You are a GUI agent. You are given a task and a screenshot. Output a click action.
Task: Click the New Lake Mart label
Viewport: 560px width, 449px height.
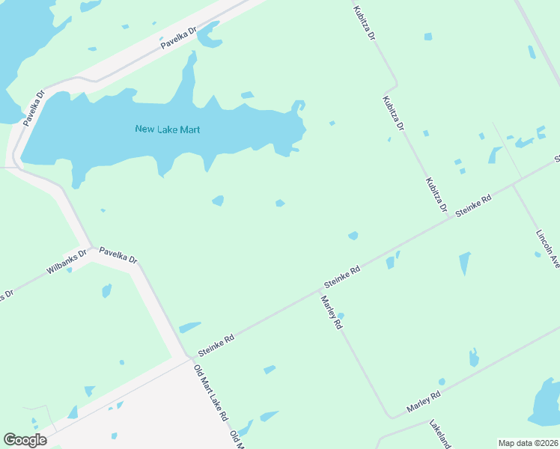168,129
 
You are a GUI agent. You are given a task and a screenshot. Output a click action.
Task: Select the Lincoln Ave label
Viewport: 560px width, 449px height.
548,248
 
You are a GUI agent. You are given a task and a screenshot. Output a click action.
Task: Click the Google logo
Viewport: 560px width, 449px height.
25,440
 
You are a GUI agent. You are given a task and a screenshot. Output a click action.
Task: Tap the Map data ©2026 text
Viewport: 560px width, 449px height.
527,443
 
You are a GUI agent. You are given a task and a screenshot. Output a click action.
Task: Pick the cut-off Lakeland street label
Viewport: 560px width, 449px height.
440,435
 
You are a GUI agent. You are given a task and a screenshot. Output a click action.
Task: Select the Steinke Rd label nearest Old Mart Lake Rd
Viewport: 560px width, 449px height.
216,345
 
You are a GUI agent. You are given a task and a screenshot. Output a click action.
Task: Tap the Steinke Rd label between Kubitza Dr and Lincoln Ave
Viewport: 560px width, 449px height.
473,207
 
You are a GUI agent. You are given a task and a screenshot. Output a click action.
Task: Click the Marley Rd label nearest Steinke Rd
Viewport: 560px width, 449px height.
331,313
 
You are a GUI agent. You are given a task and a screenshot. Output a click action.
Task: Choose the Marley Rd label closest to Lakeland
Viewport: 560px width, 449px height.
423,401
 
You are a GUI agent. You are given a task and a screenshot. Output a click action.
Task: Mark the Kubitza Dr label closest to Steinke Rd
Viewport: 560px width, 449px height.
436,195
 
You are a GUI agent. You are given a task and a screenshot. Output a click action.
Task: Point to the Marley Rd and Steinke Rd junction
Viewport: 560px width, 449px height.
317,293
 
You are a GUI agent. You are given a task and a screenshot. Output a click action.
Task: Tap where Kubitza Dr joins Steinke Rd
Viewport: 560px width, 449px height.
449,218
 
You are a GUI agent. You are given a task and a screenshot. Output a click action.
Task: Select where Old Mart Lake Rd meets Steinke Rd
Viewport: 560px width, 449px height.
187,358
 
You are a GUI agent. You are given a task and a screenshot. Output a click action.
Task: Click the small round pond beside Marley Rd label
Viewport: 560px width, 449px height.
341,316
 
